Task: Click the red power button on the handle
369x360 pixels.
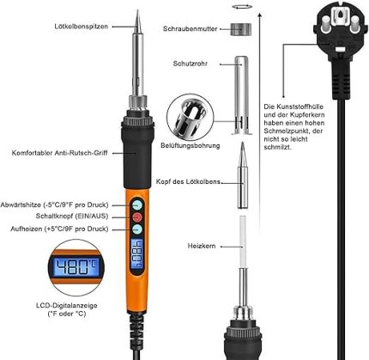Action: (137, 217)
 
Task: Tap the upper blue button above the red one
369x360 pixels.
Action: (137, 205)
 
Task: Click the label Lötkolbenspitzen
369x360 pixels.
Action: (82, 27)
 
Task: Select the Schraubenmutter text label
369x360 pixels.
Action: (191, 29)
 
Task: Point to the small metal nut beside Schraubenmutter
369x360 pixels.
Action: (241, 29)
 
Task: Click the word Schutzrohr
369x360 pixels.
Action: (191, 64)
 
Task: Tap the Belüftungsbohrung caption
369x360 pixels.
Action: (191, 145)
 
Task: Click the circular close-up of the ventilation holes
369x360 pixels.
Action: (191, 118)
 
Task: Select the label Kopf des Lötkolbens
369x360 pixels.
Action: (188, 182)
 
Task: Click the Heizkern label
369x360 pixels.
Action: (202, 246)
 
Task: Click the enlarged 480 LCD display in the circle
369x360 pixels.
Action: (76, 267)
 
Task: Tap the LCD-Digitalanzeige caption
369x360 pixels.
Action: (67, 309)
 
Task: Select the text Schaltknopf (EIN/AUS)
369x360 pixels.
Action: (72, 216)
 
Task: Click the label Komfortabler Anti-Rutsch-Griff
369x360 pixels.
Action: (59, 153)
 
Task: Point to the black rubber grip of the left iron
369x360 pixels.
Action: (137, 152)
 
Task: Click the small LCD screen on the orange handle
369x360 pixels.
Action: (137, 253)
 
